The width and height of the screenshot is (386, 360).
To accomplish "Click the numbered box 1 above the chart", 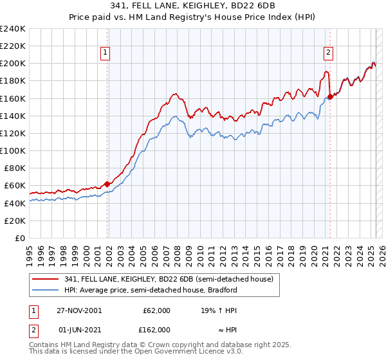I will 105,53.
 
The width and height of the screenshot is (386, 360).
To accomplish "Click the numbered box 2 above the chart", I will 328,53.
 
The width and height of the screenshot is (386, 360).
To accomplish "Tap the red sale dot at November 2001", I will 107,184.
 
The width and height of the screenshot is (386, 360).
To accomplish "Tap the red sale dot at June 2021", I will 330,97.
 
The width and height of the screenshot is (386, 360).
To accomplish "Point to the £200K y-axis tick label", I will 14,64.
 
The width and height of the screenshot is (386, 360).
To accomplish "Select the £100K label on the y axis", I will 14,150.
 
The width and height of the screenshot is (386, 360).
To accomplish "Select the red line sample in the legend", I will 46,279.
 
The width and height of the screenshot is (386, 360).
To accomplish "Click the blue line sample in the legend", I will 46,290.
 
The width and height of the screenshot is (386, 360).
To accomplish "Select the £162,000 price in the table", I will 156,329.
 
